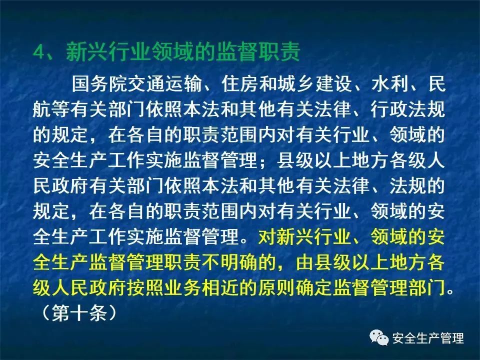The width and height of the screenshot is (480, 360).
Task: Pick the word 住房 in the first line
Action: (240, 83)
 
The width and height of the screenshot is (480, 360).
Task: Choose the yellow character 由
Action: (305, 262)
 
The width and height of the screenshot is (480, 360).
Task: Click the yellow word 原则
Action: (277, 287)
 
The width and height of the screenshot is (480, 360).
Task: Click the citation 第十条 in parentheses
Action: (79, 313)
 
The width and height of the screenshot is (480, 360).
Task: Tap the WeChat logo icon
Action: (379, 337)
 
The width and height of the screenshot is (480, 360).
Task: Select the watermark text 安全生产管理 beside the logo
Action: (428, 338)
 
